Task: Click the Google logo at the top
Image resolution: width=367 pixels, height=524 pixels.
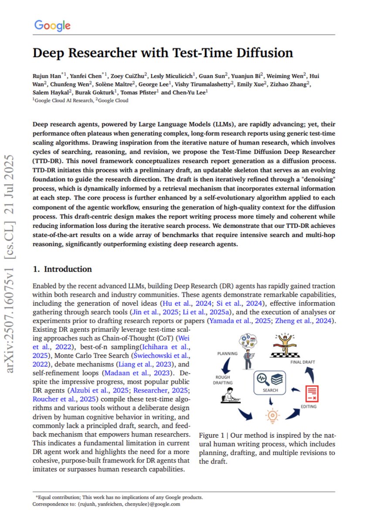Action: point(52,26)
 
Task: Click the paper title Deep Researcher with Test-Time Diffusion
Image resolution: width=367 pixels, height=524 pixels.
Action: point(163,53)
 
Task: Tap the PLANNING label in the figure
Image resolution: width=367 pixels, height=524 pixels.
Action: point(227,354)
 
